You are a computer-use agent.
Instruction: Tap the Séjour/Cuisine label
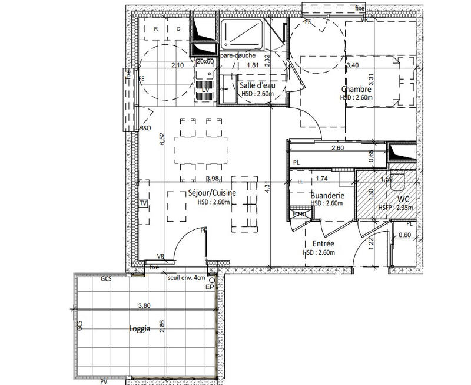tap(211, 193)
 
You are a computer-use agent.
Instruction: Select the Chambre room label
tap(356, 90)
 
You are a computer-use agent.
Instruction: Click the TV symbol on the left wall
tap(142, 203)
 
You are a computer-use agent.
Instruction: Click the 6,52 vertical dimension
tap(162, 140)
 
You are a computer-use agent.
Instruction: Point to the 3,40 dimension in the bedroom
tap(353, 65)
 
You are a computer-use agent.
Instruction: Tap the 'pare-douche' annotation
tap(237, 55)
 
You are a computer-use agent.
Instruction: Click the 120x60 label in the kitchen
tap(204, 62)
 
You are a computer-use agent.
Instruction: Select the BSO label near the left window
tap(145, 128)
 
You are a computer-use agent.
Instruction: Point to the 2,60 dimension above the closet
tap(338, 149)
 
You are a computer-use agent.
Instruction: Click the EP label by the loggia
tap(209, 287)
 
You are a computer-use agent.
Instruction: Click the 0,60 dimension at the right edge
tap(405, 235)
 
